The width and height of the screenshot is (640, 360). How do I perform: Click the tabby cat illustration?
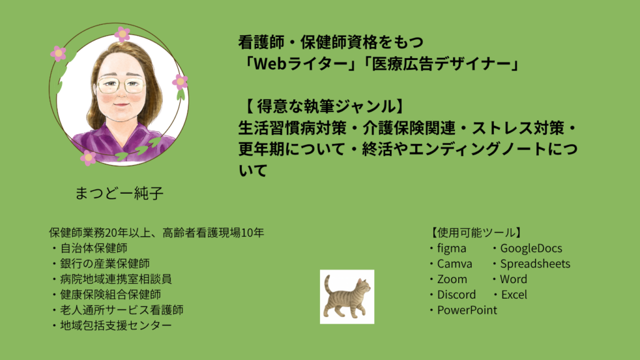(x=347, y=297)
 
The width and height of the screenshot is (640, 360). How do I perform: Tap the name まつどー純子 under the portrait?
(x=119, y=193)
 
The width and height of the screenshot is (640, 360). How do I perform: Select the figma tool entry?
(x=451, y=248)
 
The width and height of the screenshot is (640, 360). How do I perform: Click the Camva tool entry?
(x=455, y=264)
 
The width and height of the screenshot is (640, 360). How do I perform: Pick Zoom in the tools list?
(x=452, y=279)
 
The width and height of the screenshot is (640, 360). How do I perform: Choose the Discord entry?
(x=456, y=295)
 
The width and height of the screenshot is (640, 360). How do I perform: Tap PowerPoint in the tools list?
(x=467, y=310)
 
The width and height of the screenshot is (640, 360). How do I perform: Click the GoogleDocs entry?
(x=531, y=248)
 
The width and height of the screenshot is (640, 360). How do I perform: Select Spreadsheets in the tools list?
(x=535, y=264)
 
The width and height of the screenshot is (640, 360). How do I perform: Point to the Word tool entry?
(x=514, y=279)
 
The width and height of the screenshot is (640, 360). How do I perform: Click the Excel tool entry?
(x=514, y=295)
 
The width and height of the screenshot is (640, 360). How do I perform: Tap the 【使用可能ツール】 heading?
(x=476, y=232)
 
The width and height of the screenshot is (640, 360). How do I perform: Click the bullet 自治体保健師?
(x=94, y=248)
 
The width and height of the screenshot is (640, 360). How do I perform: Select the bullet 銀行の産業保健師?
(x=105, y=264)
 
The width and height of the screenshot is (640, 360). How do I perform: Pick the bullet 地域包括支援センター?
(x=116, y=325)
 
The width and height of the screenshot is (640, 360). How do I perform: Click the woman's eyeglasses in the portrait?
(x=121, y=84)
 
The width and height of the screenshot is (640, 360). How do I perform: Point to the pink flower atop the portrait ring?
(x=122, y=34)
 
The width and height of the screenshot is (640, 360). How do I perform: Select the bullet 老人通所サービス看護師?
(x=122, y=310)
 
